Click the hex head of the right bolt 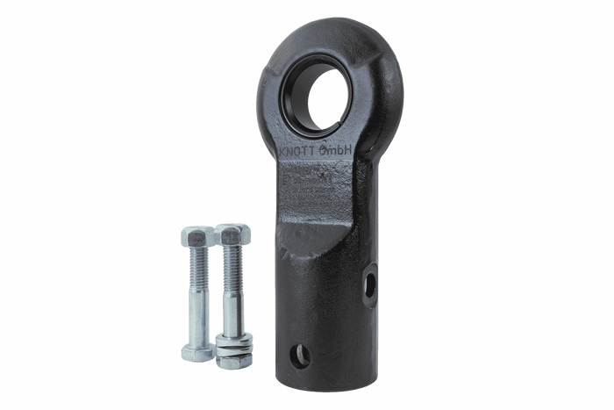(x=233, y=234)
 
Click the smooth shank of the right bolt (x=231, y=312)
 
